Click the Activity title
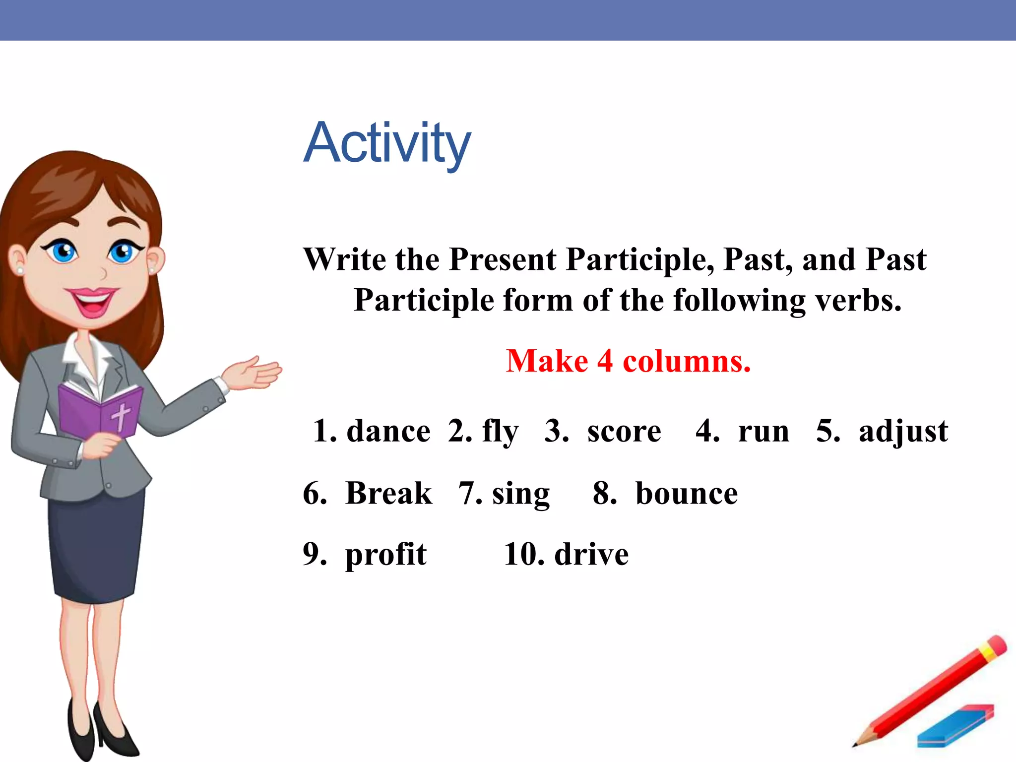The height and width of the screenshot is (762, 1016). (387, 144)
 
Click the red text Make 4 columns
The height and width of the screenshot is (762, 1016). (628, 361)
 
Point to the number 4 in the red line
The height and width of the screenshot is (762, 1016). (605, 361)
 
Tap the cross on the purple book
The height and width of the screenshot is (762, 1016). (121, 416)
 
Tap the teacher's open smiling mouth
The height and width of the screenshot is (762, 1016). (92, 302)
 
